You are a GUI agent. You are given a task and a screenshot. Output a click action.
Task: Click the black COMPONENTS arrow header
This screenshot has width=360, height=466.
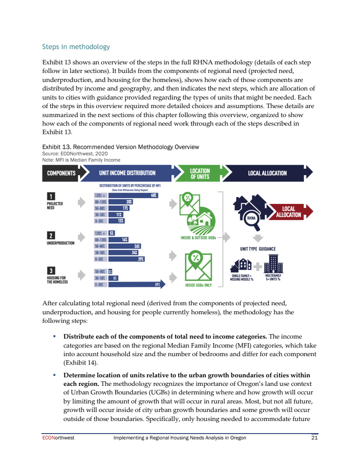[62, 173]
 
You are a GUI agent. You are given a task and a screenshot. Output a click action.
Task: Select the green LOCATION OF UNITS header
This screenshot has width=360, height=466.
[199, 173]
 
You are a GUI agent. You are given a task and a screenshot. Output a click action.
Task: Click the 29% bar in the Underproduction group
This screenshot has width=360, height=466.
[126, 259]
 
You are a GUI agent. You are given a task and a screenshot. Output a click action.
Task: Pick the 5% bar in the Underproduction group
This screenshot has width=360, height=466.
[112, 233]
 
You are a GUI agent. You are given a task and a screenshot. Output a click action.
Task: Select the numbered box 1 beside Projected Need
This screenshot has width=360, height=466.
[51, 196]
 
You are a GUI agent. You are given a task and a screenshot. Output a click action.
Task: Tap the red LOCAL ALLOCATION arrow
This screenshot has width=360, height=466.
[290, 212]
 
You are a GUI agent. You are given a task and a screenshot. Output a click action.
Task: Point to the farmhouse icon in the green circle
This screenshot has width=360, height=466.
[202, 219]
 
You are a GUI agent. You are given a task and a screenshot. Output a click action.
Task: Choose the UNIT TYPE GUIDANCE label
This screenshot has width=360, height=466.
[258, 249]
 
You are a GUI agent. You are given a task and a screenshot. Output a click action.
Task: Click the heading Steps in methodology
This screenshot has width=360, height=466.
[76, 47]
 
